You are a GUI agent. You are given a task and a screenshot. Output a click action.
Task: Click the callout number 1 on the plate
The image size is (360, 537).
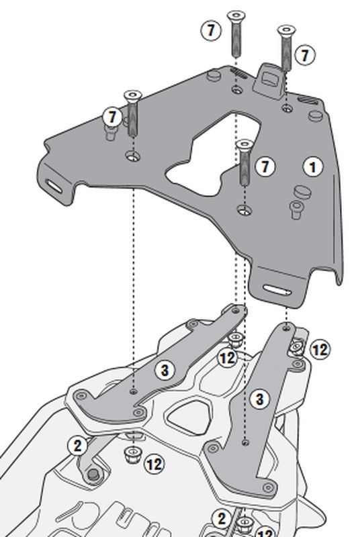tap(313, 166)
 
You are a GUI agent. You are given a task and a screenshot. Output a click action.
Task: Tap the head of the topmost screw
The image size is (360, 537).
tap(236, 15)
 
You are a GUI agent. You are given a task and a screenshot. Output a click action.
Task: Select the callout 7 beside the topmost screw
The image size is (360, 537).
tap(210, 31)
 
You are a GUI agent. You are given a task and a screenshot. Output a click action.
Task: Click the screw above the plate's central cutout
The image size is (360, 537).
tap(245, 162)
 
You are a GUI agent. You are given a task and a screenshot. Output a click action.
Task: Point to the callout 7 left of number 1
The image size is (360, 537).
tap(265, 166)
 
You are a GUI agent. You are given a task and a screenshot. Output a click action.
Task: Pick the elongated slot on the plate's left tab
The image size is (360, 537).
tap(55, 186)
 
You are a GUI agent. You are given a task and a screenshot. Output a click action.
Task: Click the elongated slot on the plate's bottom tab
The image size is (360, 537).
tap(277, 290)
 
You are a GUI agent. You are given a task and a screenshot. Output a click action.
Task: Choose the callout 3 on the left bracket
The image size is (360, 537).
tap(165, 371)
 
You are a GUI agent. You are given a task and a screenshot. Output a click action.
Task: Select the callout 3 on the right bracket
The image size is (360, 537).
tap(259, 399)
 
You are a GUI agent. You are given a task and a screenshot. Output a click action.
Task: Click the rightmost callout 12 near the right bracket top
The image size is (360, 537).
tap(320, 350)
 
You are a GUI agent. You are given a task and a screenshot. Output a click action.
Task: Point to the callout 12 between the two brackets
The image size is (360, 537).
tap(228, 358)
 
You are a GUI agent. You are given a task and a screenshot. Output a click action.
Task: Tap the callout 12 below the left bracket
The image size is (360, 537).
tap(154, 464)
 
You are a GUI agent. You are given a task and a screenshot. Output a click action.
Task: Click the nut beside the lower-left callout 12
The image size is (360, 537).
tap(131, 455)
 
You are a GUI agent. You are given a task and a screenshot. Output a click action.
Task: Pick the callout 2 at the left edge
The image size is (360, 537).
tap(78, 446)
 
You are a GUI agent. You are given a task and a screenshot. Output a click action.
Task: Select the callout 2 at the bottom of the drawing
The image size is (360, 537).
tap(222, 518)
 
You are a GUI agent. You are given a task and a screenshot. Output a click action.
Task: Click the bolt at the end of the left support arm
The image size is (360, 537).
tap(93, 475)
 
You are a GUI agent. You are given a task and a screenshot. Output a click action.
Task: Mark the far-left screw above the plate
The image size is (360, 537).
tap(133, 113)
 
